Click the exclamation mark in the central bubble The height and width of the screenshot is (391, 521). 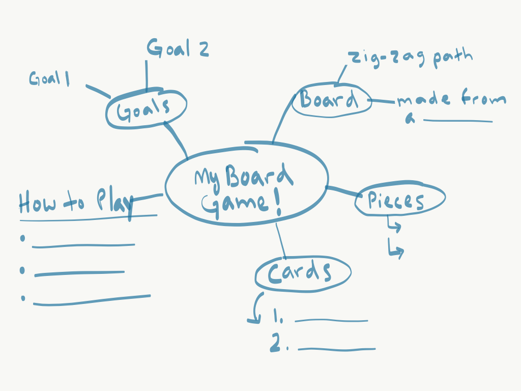pos(278,204)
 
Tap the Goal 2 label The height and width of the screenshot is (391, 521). pos(178,49)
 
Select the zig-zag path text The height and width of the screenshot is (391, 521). pos(410,57)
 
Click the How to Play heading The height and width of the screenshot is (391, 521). pos(75,202)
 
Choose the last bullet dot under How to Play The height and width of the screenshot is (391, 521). pos(23,298)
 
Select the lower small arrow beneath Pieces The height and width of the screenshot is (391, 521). pos(396,249)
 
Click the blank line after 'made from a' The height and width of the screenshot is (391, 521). pos(457,121)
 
